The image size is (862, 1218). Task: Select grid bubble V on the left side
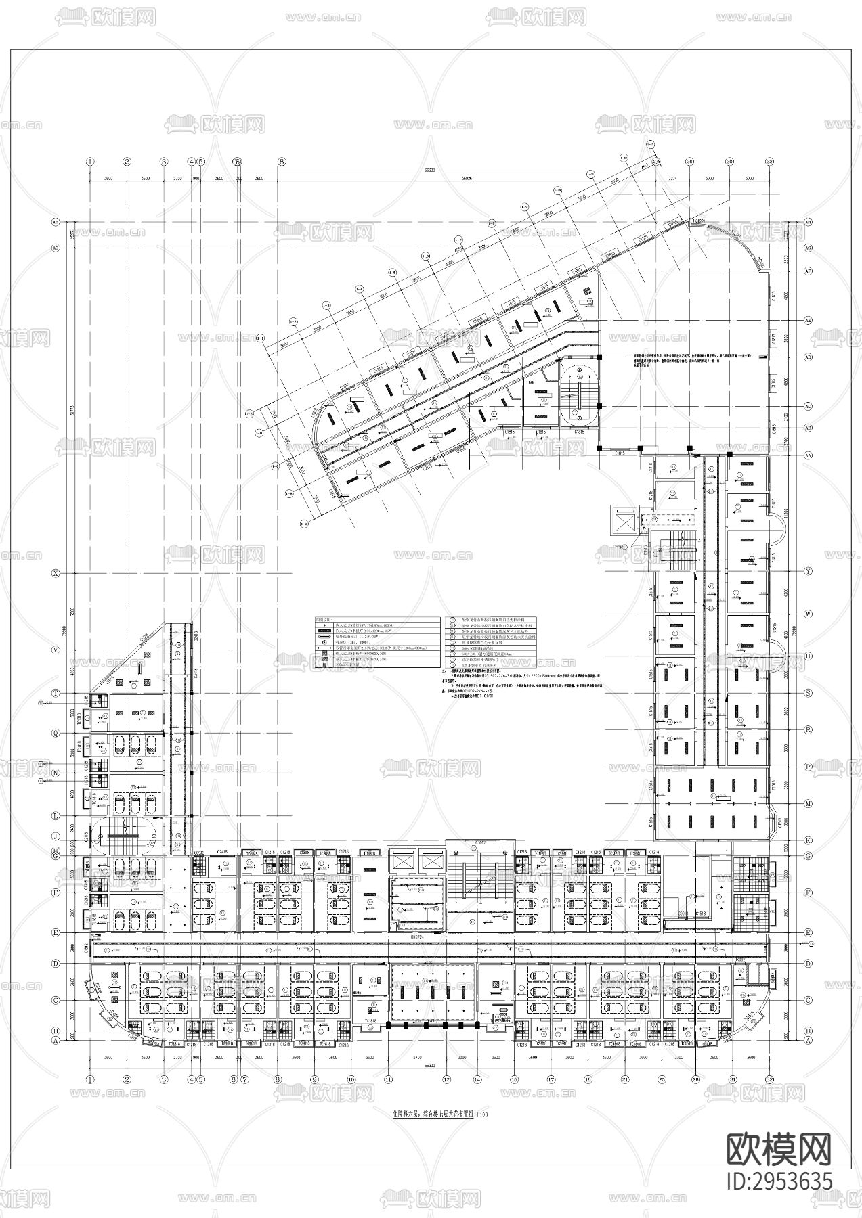point(56,650)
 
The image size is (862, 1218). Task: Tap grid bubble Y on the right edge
point(807,571)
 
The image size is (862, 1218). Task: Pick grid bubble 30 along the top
point(729,162)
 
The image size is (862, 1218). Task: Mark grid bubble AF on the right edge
point(807,271)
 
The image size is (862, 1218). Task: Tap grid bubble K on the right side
point(807,840)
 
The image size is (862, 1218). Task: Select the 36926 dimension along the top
point(461,179)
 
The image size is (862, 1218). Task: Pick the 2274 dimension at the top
point(672,179)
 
